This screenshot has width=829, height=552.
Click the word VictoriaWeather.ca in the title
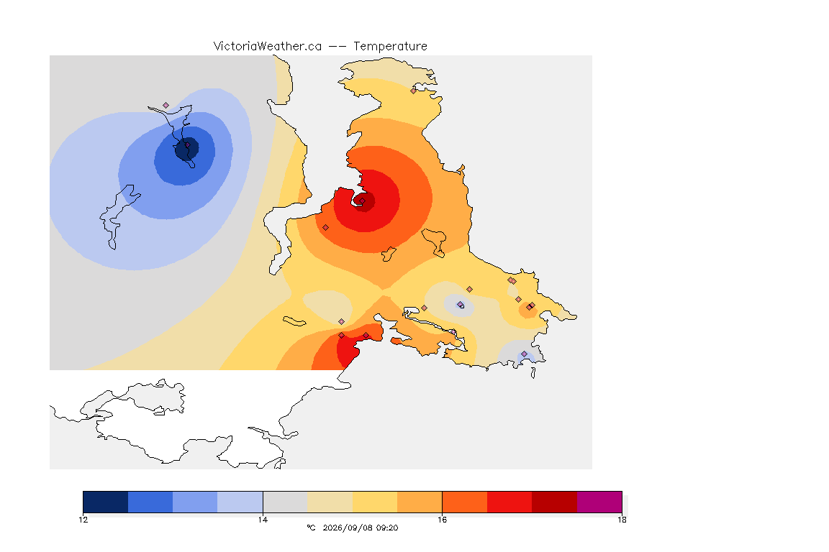coord(268,46)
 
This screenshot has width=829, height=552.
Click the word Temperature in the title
coord(390,46)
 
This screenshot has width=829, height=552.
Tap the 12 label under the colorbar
coord(83,520)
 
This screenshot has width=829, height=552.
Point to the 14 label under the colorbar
coord(263,520)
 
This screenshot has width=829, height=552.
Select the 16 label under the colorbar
coord(442,520)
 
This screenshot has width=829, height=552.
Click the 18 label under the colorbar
coord(622,520)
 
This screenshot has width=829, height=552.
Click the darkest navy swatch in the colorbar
coord(106,502)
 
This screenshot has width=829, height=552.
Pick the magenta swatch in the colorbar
coord(599,502)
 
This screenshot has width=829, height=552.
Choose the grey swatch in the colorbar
coord(286,502)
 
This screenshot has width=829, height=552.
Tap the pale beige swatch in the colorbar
coord(330,502)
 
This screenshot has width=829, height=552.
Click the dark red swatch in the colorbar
coord(555,502)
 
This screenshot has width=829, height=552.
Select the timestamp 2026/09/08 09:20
coord(360,528)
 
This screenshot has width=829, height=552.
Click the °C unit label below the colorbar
coord(311,528)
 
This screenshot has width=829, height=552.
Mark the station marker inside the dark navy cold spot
coord(187,144)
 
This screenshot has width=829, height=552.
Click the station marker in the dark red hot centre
coord(362,201)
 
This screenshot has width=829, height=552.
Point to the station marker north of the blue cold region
coord(166,106)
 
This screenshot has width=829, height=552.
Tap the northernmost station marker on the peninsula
coord(414,91)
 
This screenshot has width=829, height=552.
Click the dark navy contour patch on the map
coord(186,149)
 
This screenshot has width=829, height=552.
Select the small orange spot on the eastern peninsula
coord(528,310)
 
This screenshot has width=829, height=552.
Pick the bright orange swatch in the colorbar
coord(465,502)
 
